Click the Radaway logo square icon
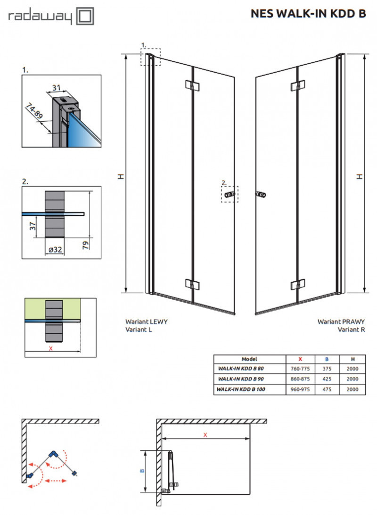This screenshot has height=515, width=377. (x=85, y=17)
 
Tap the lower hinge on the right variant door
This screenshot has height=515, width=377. (x=296, y=285)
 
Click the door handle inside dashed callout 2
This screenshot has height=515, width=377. (x=229, y=194)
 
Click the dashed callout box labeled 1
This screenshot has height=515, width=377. (x=150, y=57)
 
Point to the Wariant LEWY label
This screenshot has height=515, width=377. (x=146, y=321)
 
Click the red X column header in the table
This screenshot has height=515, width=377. (x=300, y=359)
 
